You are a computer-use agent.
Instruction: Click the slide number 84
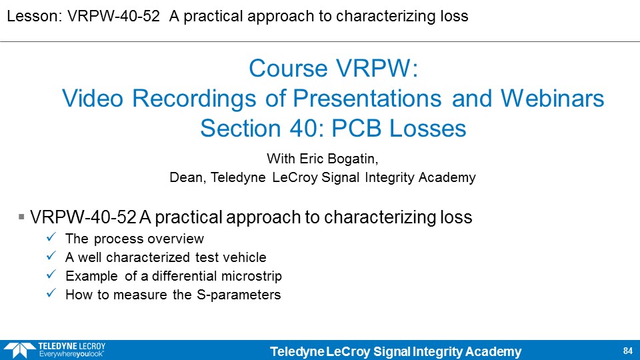click(x=628, y=351)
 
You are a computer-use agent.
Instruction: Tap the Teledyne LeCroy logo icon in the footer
click(x=19, y=351)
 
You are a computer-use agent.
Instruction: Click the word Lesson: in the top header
click(x=34, y=16)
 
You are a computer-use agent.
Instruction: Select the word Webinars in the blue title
click(x=552, y=99)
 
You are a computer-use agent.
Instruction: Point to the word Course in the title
click(x=289, y=68)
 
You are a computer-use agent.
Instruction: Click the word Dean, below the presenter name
click(x=188, y=177)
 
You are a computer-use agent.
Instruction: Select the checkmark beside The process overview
click(x=51, y=237)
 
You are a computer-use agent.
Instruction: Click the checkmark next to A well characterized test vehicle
click(x=51, y=255)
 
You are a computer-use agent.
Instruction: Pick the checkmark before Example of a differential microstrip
click(x=51, y=274)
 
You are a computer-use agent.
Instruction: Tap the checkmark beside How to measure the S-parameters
click(x=51, y=293)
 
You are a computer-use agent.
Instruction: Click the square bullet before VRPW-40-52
click(x=21, y=217)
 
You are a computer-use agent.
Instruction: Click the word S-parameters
click(x=239, y=295)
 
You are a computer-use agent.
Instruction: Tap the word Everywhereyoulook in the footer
click(x=71, y=354)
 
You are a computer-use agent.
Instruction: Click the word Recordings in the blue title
click(x=194, y=99)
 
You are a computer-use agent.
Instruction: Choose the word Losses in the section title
click(x=428, y=129)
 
